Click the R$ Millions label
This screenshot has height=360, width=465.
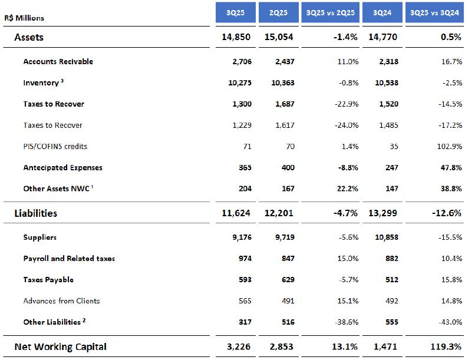[x=24, y=18]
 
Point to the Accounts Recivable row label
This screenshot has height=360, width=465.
[x=58, y=61]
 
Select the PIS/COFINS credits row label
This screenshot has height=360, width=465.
[x=55, y=146]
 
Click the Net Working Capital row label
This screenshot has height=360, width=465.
[x=60, y=346]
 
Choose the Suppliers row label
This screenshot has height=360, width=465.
[x=40, y=237]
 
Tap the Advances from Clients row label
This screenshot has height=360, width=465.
[x=61, y=300]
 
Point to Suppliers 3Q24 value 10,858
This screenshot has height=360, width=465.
[x=385, y=237]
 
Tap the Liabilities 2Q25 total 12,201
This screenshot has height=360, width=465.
[x=278, y=213]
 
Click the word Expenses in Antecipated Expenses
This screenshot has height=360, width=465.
[x=86, y=167]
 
